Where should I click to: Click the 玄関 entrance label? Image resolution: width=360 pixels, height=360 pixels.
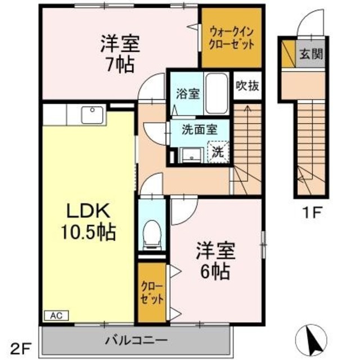pyautogui.click(x=310, y=55)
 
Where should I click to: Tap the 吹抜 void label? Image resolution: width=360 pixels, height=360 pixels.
pyautogui.click(x=247, y=87)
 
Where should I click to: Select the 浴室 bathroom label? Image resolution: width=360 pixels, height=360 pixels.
pyautogui.click(x=187, y=93)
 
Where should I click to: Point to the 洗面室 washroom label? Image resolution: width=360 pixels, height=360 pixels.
pyautogui.click(x=199, y=128)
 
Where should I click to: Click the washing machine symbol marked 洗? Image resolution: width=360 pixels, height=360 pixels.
pyautogui.click(x=218, y=151)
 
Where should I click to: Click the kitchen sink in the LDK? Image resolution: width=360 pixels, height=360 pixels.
pyautogui.click(x=91, y=115)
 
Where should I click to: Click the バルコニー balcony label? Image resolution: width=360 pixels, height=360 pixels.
pyautogui.click(x=136, y=340)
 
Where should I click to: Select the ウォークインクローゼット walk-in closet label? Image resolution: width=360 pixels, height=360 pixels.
pyautogui.click(x=231, y=37)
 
